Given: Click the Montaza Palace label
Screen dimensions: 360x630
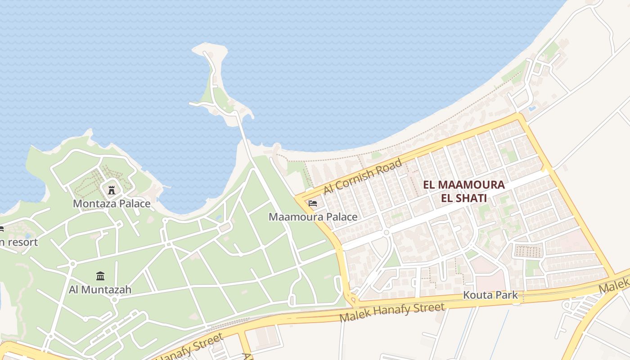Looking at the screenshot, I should tap(112, 204).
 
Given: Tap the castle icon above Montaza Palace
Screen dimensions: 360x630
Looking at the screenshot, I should tap(112, 190).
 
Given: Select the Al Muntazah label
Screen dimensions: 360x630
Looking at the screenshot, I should tap(100, 289).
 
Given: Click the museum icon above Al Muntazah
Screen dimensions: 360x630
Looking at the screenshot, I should tap(100, 275).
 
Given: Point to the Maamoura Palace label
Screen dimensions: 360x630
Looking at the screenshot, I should tap(313, 217).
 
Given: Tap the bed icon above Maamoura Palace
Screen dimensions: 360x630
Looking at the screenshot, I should tap(313, 203).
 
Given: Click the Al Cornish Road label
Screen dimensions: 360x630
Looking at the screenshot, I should tap(362, 176).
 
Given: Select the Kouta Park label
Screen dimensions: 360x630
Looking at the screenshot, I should tap(490, 296).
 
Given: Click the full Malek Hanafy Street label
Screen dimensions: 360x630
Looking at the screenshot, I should tap(392, 312).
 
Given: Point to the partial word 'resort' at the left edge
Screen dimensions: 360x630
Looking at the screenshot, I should tap(21, 242).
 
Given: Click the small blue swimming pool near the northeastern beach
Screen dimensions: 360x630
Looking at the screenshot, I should tap(532, 108).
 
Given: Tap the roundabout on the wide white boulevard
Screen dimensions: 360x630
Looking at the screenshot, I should tap(386, 233).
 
